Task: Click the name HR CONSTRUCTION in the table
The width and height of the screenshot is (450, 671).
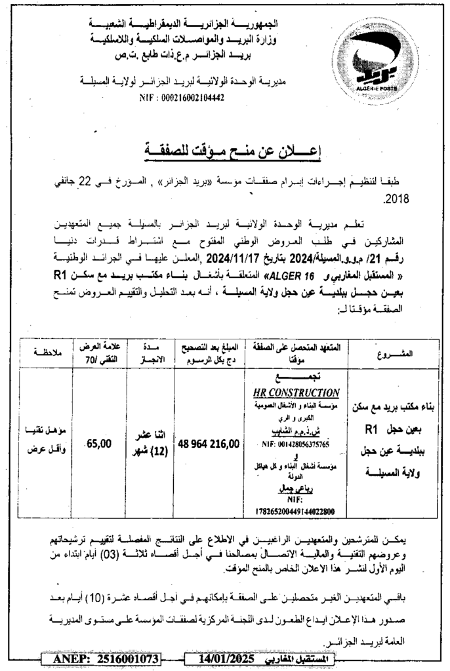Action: point(296,393)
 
